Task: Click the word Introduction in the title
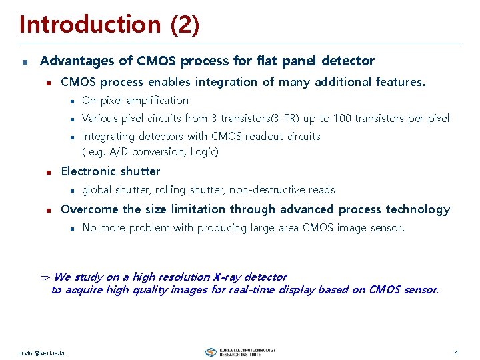click(90, 25)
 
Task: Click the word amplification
click(157, 101)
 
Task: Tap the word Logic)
click(203, 152)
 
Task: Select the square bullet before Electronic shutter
click(47, 172)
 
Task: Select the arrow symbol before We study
click(45, 277)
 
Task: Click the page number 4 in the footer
click(455, 352)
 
